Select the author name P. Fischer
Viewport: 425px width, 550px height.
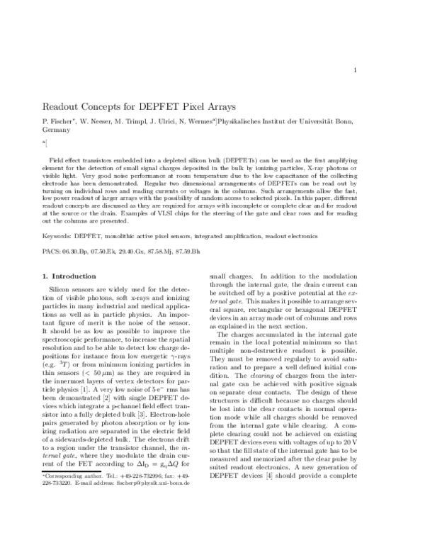pyautogui.click(x=62, y=122)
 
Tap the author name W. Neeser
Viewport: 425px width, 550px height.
pyautogui.click(x=102, y=122)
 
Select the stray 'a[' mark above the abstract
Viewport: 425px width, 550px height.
pyautogui.click(x=45, y=144)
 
